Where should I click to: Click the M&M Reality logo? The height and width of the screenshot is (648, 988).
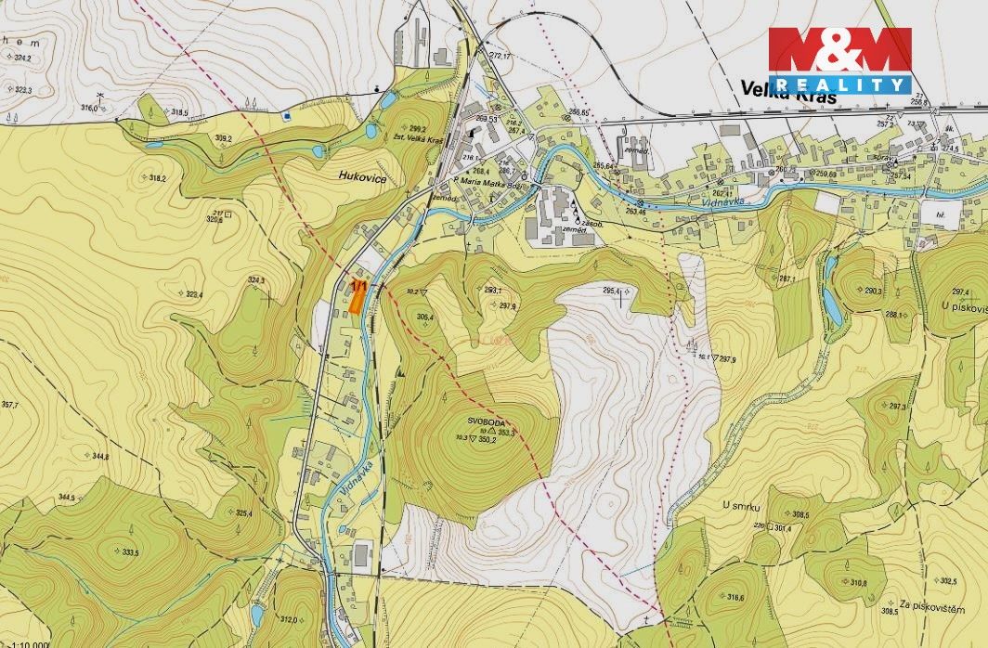839,60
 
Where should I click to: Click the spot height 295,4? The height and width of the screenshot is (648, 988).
613,291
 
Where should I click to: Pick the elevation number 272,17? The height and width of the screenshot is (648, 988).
500,56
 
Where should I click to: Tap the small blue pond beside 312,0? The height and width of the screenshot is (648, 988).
256,615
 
